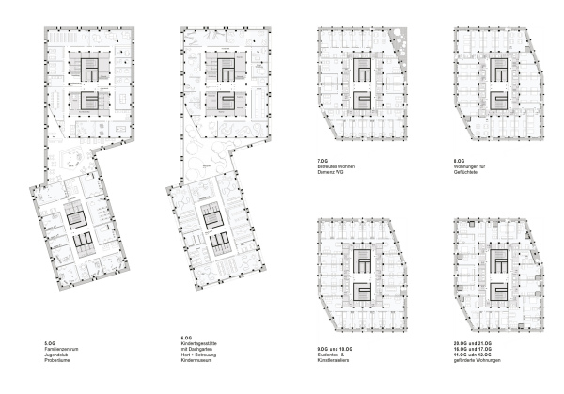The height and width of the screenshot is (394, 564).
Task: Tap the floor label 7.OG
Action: point(323,160)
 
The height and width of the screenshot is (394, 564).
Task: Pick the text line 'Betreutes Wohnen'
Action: point(337,165)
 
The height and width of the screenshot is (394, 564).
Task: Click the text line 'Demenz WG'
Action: point(331,171)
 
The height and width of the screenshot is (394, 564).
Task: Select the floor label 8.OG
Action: point(459,160)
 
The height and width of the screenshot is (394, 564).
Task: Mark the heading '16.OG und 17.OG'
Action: point(473,346)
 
